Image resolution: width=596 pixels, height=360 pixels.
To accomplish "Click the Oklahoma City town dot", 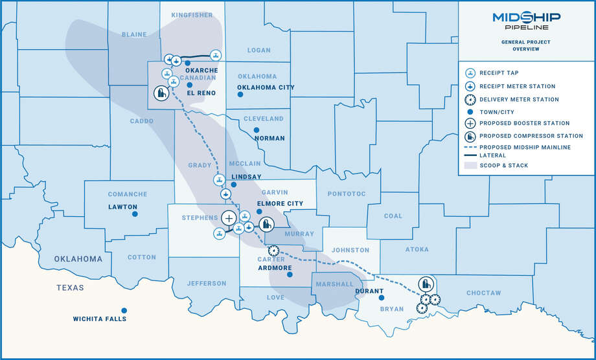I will pos(240,95).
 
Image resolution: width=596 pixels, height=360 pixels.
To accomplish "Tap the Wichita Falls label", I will pos(100,319).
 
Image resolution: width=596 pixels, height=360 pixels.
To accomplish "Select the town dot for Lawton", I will pos(135,214).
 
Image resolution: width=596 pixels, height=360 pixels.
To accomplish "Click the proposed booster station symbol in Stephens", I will pos(229,218).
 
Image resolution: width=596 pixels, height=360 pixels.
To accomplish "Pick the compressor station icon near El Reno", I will pos(161,93).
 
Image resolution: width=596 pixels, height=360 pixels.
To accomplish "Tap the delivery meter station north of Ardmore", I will pos(273,250).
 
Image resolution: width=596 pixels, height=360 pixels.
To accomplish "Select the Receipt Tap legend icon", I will pos(470,73).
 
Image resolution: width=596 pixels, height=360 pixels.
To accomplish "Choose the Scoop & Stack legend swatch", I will pos(470,166).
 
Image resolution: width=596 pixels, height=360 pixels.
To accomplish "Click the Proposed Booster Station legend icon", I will pos(470,123).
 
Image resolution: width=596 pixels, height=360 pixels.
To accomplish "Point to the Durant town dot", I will pos(382,298).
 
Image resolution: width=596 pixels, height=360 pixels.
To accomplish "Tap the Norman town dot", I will pos(257,130).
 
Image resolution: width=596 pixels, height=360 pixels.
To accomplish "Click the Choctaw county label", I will pos(483,293).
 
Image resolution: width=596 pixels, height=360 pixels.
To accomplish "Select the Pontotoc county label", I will pos(347,194).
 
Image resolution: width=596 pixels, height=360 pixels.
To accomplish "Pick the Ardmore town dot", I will pos(290,275).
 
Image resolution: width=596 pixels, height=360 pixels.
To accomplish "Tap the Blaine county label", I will pos(134,35).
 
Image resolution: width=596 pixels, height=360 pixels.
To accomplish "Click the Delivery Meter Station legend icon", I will pos(470,100).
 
